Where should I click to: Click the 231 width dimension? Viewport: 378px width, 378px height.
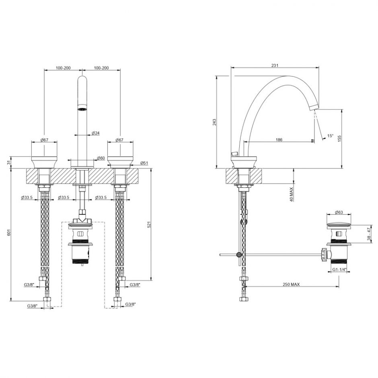point(275,65)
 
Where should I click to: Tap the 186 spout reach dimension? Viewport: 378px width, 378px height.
point(279,140)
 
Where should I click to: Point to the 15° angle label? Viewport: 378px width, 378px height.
point(330,136)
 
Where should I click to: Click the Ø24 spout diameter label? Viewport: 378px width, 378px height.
point(95,133)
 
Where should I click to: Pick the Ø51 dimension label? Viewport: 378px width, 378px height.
point(144,163)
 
